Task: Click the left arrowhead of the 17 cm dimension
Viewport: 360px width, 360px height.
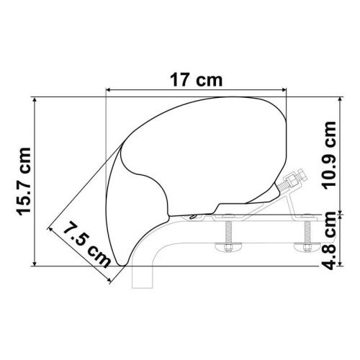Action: coord(109,90)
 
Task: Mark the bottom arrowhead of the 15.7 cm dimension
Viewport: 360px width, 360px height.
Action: coord(35,265)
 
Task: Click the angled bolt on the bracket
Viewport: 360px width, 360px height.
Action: coord(293,184)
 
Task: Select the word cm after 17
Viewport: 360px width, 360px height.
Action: coord(210,80)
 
